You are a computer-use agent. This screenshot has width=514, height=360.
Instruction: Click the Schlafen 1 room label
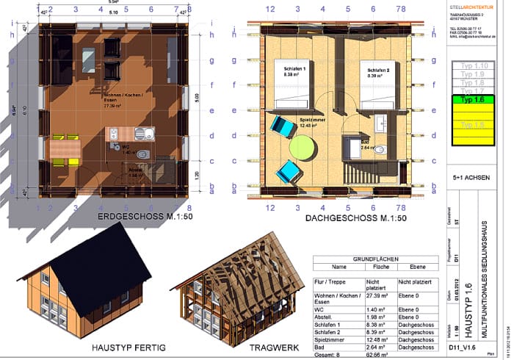point(294,71)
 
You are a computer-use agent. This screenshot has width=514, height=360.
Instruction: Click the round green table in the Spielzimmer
point(303,146)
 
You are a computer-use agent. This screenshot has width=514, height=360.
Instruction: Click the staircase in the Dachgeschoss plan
point(365,173)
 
